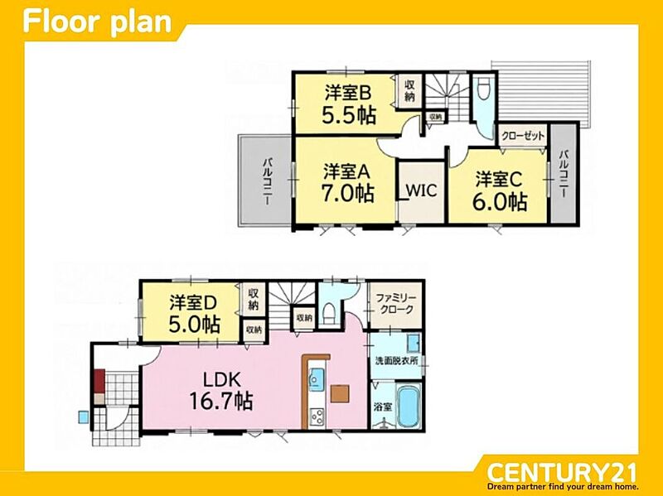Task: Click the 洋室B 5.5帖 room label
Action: [x=349, y=104]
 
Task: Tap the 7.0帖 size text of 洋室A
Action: [x=348, y=193]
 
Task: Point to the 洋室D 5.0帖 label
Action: [x=194, y=314]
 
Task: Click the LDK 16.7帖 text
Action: [x=221, y=391]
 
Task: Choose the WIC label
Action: [x=421, y=190]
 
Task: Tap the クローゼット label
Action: [x=523, y=136]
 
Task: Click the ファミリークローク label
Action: [x=396, y=304]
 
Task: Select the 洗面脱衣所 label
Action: [x=397, y=361]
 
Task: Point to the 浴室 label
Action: [x=383, y=407]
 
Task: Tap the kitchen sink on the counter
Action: [x=316, y=377]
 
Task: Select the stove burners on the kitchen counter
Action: [x=317, y=417]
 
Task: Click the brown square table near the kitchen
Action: [x=341, y=393]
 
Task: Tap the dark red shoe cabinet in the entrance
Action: [x=99, y=381]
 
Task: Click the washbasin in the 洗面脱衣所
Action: [x=413, y=343]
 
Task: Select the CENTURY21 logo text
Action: [x=562, y=471]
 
